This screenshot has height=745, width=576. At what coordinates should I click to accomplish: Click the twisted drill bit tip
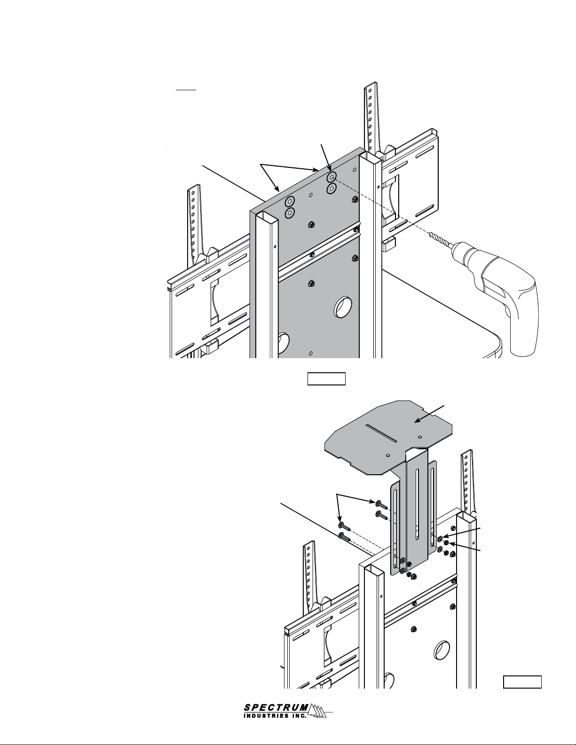click(430, 234)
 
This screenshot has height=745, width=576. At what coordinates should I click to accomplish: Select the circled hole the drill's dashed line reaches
click(331, 177)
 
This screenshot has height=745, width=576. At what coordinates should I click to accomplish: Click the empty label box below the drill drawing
click(326, 379)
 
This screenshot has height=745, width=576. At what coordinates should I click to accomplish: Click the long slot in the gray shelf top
click(381, 433)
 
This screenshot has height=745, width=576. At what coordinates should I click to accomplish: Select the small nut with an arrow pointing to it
click(446, 543)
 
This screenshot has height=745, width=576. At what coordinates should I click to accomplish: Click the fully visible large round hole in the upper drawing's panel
click(343, 307)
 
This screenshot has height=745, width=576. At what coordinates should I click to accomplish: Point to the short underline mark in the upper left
click(186, 90)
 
